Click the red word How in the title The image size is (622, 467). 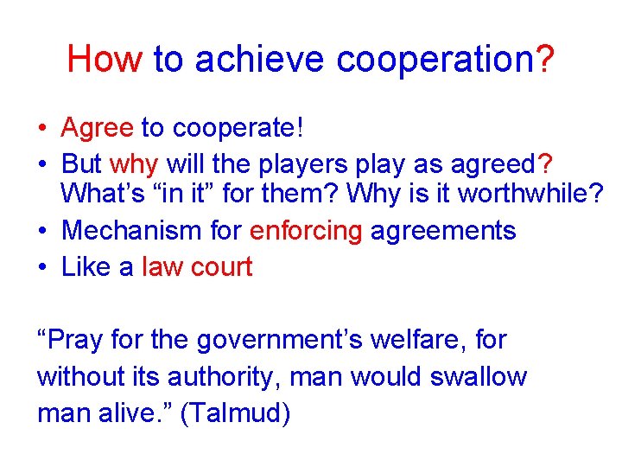[x=104, y=59]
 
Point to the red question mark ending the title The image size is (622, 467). [x=545, y=59]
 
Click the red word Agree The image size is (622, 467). [x=97, y=128]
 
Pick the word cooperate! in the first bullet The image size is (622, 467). [x=238, y=128]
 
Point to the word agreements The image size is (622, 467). [x=443, y=231]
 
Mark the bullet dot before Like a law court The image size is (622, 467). [x=41, y=266]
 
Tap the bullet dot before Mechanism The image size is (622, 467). [x=41, y=231]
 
